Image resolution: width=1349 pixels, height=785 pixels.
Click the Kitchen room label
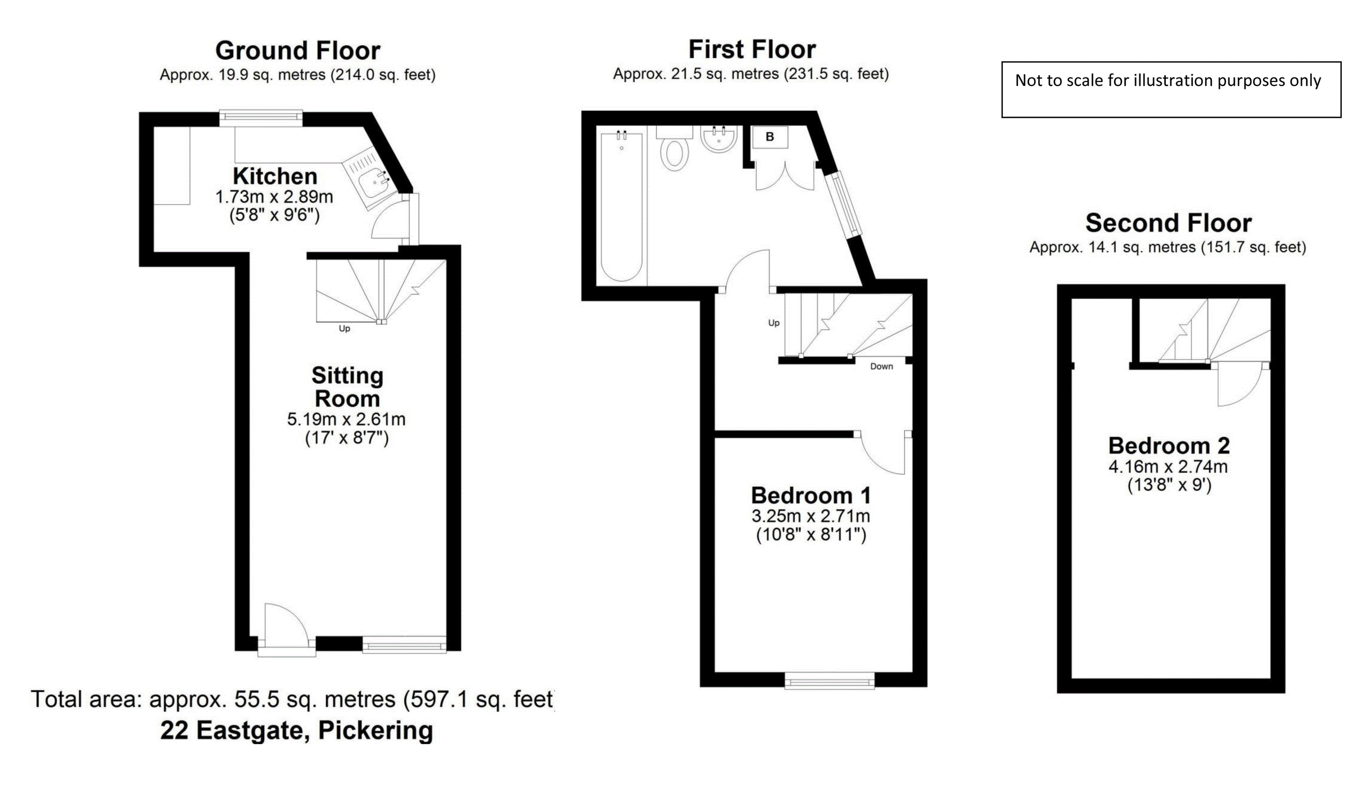point(275,176)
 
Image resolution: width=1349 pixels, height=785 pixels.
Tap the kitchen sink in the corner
point(373,182)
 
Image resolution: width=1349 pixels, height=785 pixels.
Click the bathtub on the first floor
point(621,205)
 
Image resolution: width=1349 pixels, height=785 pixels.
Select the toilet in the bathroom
point(674,153)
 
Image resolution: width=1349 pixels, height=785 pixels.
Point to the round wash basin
point(718,139)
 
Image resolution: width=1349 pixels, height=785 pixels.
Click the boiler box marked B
point(769,137)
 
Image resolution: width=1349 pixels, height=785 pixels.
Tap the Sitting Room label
point(347,387)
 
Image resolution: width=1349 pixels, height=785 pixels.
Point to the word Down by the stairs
point(881,366)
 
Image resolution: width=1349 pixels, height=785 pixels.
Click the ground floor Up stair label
point(344,329)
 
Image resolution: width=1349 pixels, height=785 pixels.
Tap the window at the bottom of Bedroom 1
point(829,682)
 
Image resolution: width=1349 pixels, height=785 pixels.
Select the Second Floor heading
point(1168,223)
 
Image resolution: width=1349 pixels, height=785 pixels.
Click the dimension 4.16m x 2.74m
point(1167,466)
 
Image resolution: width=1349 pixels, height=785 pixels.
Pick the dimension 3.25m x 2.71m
point(811,516)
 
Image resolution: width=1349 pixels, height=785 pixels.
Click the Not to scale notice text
point(1167,81)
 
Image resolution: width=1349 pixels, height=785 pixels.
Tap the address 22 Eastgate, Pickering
point(296,730)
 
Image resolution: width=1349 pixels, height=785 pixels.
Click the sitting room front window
point(404,645)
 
